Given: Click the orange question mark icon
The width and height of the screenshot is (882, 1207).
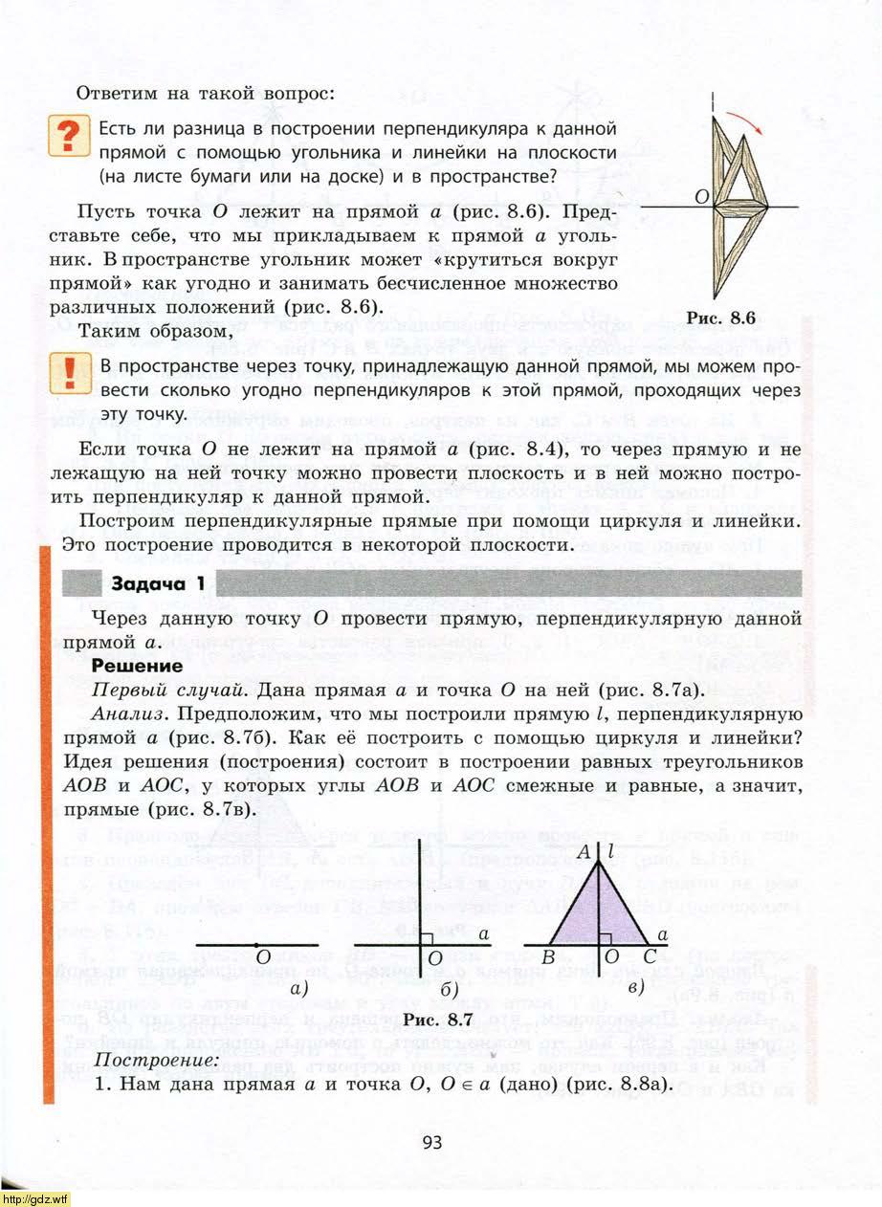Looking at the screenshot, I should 67,138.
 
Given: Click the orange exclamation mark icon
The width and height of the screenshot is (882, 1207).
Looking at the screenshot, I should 67,373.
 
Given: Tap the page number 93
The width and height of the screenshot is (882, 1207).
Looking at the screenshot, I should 431,1140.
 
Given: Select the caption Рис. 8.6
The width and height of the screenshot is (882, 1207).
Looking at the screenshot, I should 721,318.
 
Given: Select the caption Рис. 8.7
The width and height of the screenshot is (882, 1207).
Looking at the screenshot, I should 439,1020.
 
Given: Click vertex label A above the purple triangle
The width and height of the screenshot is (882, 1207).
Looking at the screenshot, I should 583,853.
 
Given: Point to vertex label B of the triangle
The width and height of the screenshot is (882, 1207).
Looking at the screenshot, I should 548,957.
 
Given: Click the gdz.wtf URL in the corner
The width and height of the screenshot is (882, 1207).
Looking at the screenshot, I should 35,1198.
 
